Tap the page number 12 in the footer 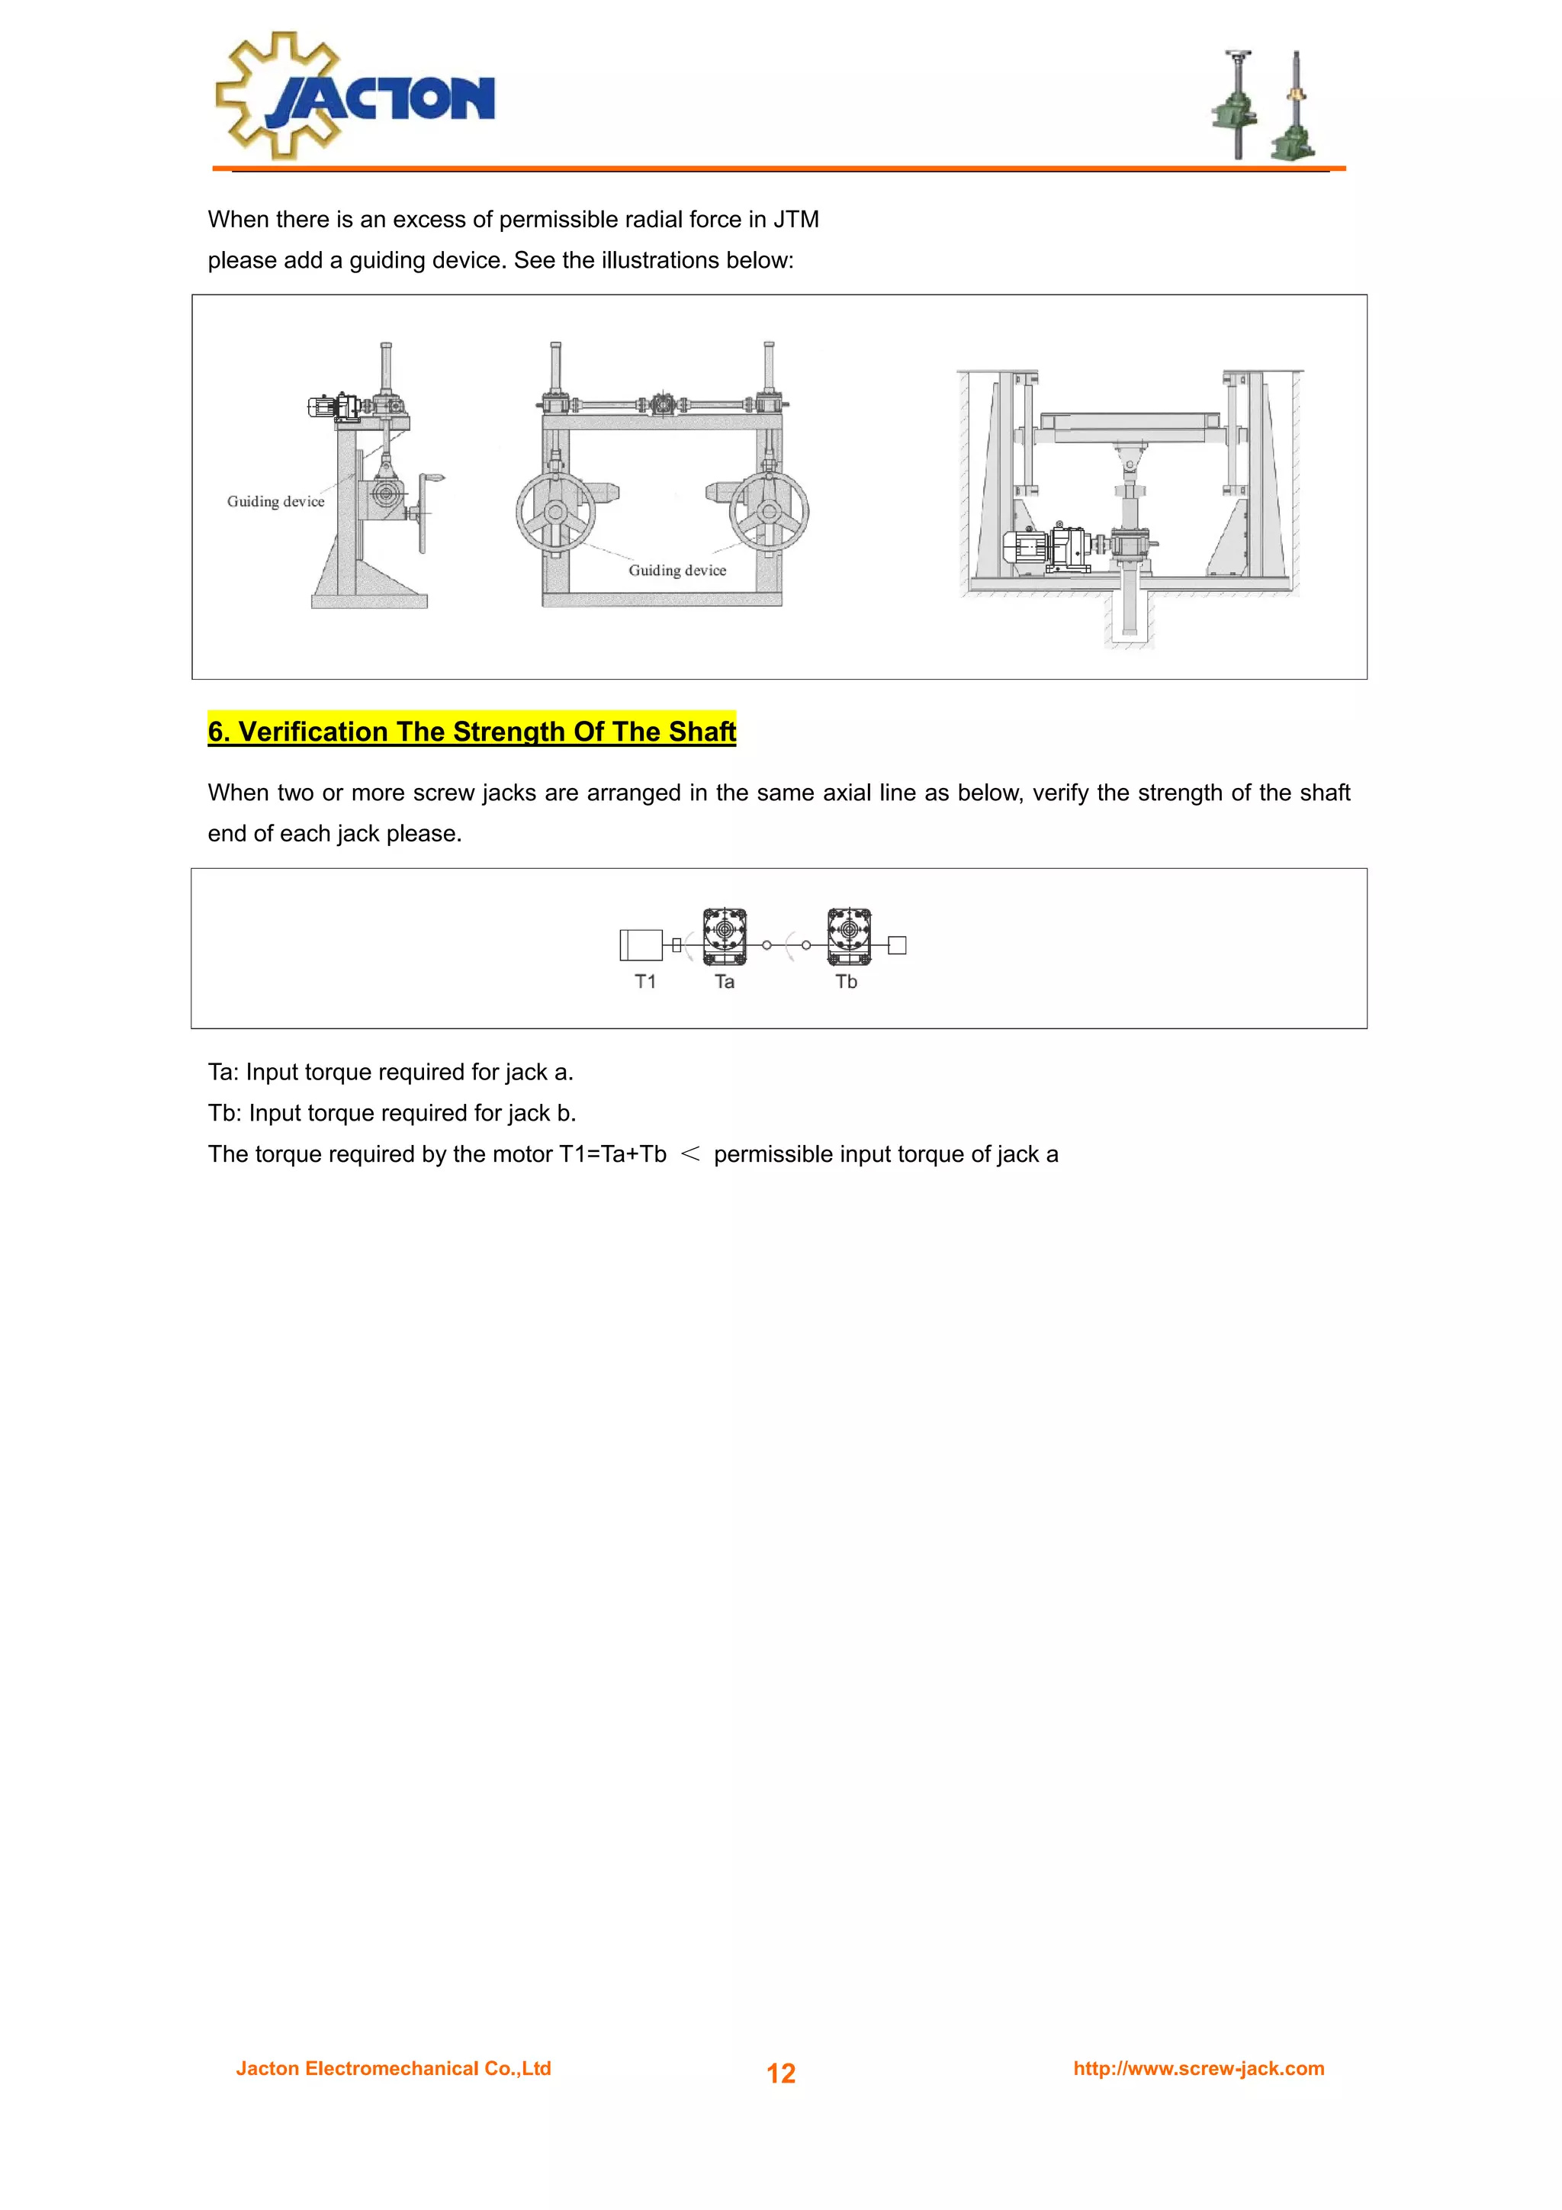coord(780,2073)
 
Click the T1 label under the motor coord(644,981)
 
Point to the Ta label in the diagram coord(725,981)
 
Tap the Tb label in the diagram coord(846,981)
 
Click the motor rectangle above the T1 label coord(641,944)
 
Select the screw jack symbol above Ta coord(725,935)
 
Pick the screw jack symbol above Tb coord(849,935)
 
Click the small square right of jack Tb coord(897,945)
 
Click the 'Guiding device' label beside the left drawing coord(275,500)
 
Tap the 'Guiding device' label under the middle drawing coord(677,570)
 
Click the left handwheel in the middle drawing coord(555,512)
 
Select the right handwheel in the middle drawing coord(768,512)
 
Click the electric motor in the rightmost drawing coord(1026,547)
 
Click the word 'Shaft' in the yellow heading coord(702,732)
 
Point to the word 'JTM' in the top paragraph coord(796,220)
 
